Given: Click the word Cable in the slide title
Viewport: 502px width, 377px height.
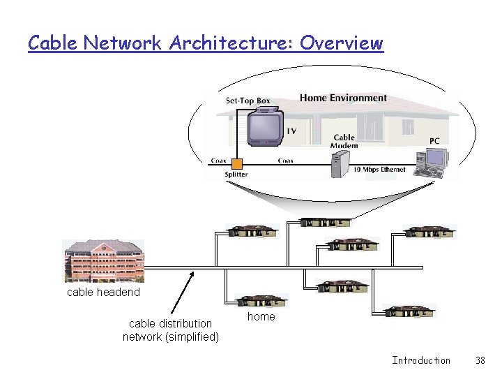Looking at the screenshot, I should tap(53, 43).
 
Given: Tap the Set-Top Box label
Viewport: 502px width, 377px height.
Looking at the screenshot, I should tap(248, 101).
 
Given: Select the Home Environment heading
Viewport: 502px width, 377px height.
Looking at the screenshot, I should tap(343, 98).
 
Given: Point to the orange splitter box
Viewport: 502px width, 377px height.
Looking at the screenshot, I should tap(237, 164).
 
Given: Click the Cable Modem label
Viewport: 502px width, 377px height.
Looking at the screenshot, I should tap(344, 142).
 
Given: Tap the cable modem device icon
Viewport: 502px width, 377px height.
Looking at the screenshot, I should tap(340, 165).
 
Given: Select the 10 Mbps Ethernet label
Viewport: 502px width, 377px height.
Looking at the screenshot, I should tap(379, 170).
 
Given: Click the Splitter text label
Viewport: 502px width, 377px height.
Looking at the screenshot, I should tap(236, 175).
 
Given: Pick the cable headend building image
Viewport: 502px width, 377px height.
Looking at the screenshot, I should tap(103, 260).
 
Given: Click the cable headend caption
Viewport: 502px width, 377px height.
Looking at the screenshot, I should tap(103, 292).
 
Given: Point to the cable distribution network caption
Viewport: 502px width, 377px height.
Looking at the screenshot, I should tap(171, 330).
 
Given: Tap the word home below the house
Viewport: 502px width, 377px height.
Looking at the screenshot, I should tap(261, 316).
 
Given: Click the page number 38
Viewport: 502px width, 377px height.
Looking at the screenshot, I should tap(480, 360).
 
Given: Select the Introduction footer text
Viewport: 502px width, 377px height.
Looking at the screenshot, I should tap(421, 360).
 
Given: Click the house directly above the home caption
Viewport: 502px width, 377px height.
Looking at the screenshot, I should tap(261, 300).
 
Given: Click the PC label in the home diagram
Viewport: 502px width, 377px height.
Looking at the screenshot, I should tap(434, 140).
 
